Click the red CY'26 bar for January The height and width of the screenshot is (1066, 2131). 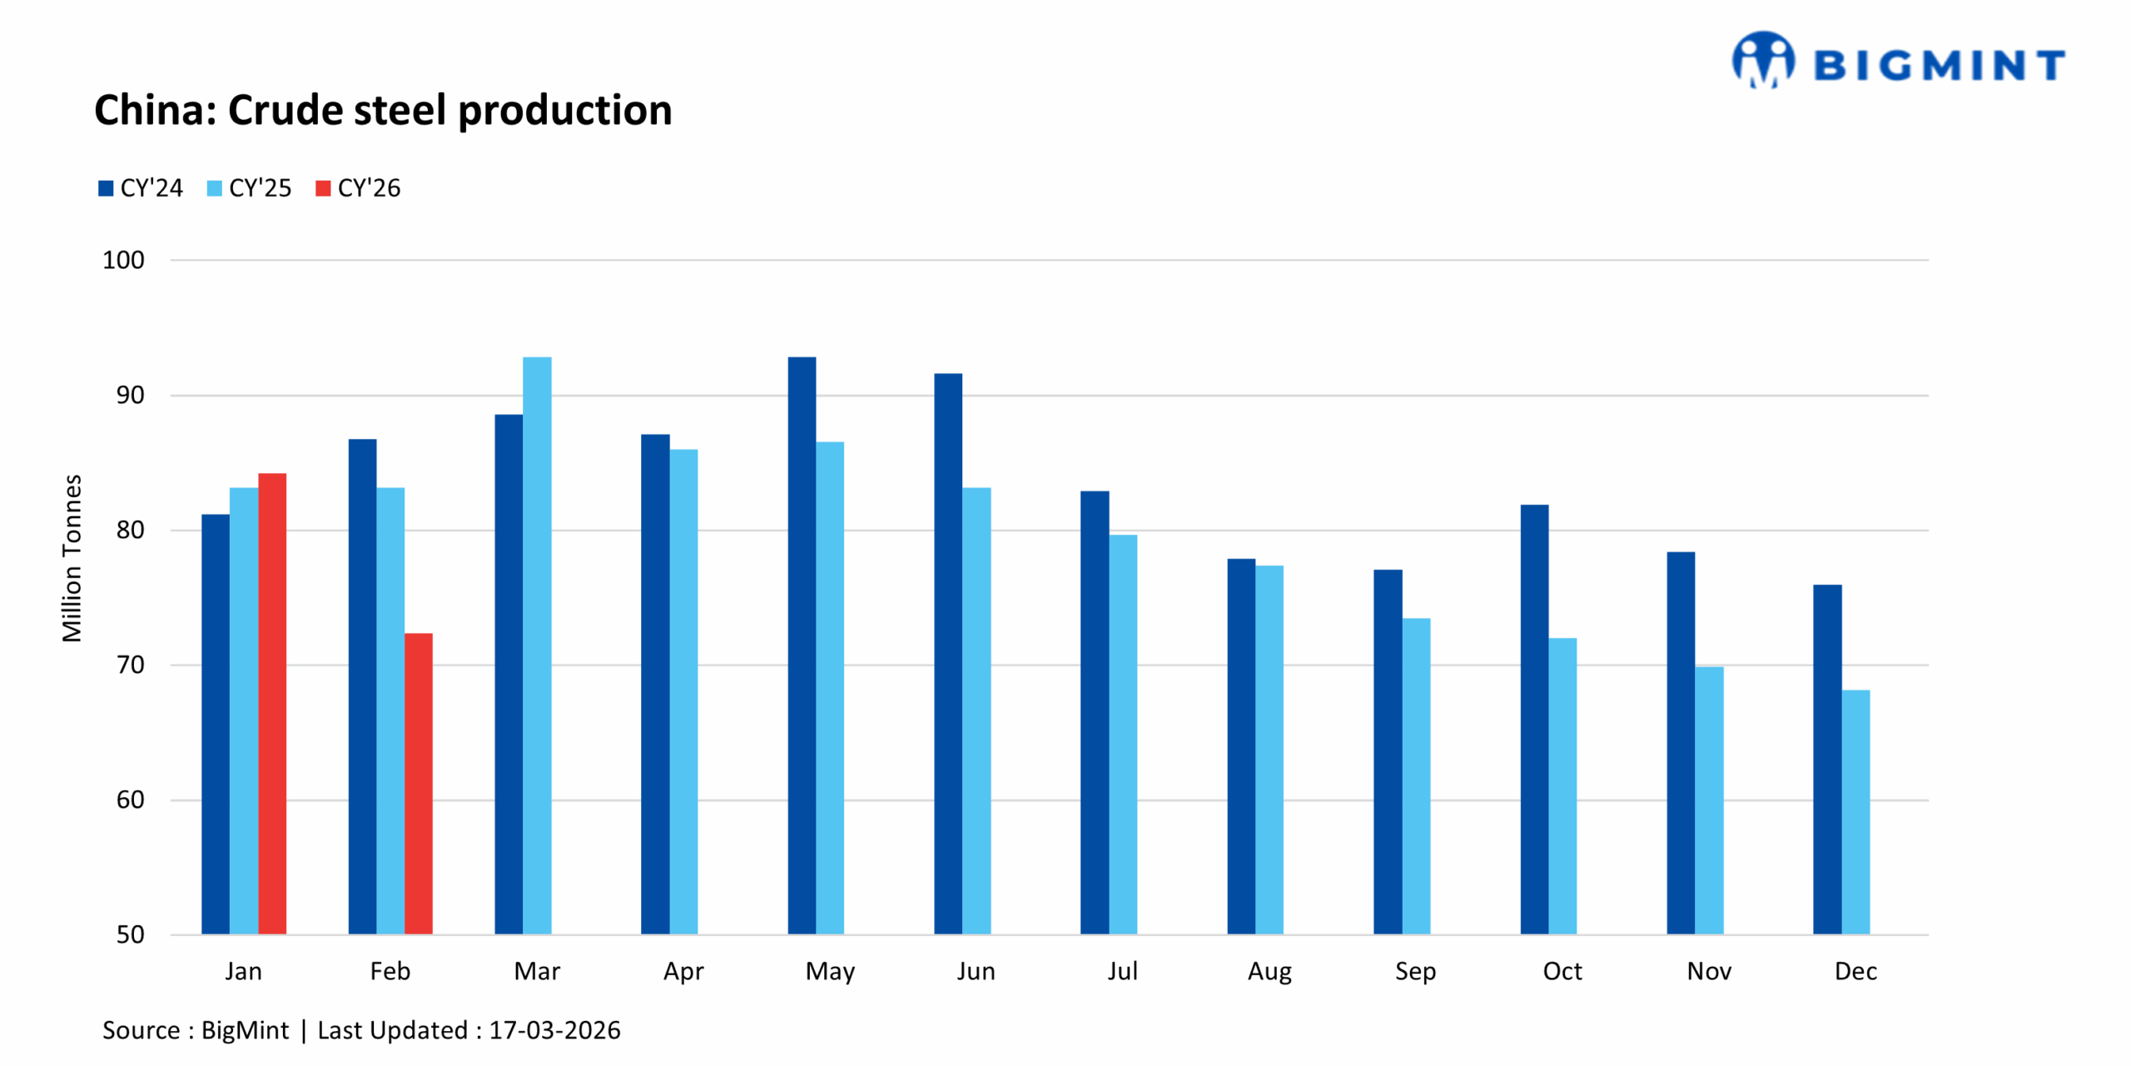(x=272, y=704)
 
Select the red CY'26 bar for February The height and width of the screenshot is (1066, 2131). (x=418, y=783)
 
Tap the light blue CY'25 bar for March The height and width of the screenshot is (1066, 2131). (x=537, y=645)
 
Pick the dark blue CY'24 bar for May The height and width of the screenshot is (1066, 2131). (x=802, y=645)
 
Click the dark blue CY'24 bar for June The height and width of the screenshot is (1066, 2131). (x=948, y=654)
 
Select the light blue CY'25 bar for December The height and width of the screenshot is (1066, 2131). (x=1855, y=812)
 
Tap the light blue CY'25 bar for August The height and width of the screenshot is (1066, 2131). (x=1269, y=750)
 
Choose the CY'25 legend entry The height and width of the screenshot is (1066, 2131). (x=249, y=188)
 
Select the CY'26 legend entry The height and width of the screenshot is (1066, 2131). (x=358, y=188)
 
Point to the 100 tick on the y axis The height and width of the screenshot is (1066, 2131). (x=123, y=260)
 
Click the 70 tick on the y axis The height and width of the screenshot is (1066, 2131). (x=130, y=665)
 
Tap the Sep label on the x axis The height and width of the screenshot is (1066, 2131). (x=1415, y=971)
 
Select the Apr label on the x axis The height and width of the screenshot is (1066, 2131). (x=683, y=971)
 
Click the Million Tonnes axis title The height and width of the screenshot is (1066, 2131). (x=72, y=558)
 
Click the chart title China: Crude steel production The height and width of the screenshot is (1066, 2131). (x=383, y=110)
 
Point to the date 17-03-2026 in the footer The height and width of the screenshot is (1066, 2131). (x=554, y=1030)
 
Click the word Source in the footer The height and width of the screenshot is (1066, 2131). (x=141, y=1030)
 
